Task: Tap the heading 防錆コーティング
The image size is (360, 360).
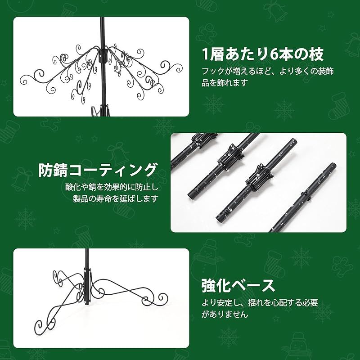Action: pos(98,171)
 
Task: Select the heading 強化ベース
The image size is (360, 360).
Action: pos(238,285)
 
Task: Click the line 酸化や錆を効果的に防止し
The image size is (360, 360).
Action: pos(112,187)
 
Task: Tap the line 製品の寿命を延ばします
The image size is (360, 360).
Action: pos(116,198)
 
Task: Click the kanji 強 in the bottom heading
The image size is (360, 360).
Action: pos(209,285)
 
